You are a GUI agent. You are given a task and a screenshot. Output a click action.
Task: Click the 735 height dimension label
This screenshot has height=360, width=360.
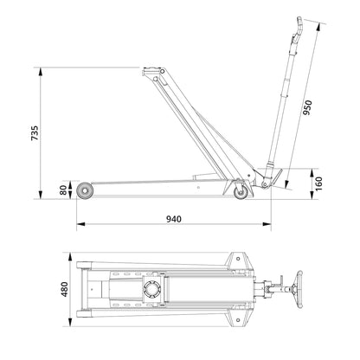[35, 132]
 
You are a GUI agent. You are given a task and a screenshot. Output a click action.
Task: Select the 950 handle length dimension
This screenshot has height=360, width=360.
[307, 107]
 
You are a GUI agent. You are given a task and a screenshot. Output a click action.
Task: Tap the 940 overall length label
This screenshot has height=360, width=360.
[174, 219]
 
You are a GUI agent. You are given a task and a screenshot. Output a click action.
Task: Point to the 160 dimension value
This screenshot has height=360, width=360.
[318, 183]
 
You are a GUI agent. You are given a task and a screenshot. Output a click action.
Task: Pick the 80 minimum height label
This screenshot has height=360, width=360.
[63, 190]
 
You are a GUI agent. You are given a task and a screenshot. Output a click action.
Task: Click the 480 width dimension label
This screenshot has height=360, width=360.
[64, 289]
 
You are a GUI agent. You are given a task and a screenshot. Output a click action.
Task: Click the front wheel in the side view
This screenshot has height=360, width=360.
[85, 190]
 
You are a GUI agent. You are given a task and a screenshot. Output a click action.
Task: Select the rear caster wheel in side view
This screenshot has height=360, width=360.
[241, 192]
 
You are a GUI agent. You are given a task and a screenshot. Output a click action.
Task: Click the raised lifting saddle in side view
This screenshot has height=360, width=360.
[151, 69]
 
